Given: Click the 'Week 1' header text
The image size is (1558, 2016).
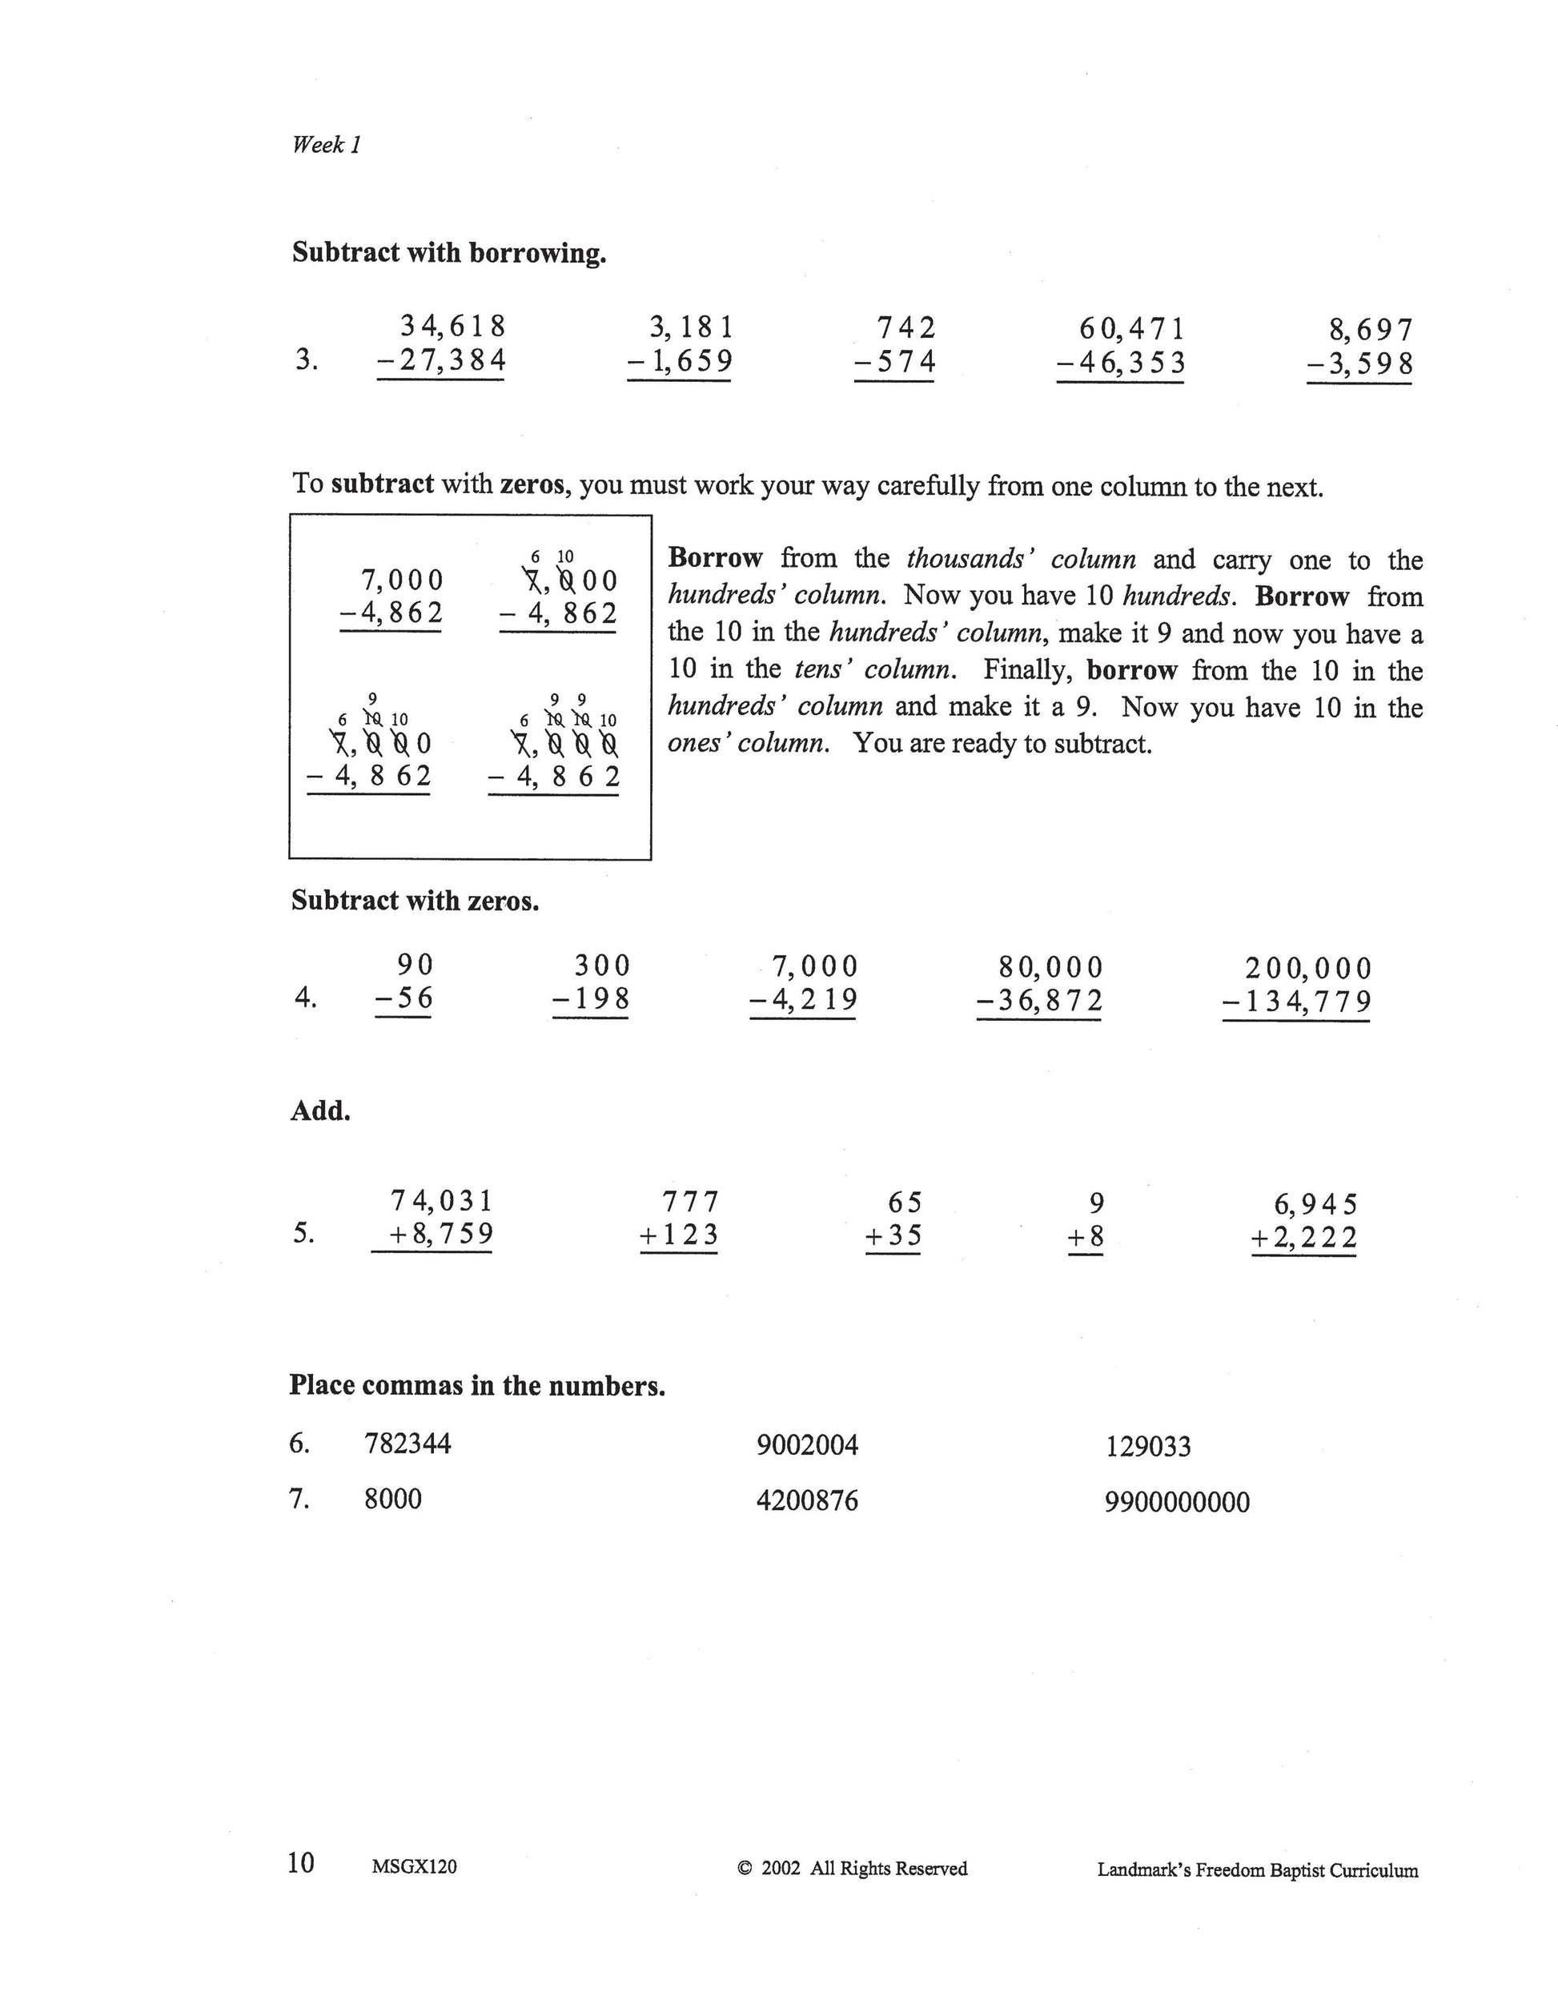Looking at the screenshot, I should click(326, 145).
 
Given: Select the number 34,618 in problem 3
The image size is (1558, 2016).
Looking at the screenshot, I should click(452, 326).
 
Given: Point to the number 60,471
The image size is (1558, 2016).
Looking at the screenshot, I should click(1131, 328).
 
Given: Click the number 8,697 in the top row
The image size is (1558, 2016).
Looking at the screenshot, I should click(1371, 330).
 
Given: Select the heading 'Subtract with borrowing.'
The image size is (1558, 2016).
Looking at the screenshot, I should click(448, 253).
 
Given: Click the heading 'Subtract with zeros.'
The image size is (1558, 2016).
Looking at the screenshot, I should click(415, 901).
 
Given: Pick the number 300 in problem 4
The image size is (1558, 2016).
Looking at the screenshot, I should click(602, 966).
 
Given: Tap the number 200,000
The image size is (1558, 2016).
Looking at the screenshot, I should click(1308, 968).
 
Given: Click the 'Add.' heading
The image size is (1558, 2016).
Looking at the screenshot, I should click(320, 1110).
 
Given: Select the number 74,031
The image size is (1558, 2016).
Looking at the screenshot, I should click(442, 1201).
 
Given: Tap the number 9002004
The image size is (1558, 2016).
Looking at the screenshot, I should click(807, 1444).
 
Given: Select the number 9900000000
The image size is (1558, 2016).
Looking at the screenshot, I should click(1177, 1502).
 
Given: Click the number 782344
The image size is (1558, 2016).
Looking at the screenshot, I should click(408, 1443).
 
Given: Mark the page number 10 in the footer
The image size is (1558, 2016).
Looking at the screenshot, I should click(301, 1863).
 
